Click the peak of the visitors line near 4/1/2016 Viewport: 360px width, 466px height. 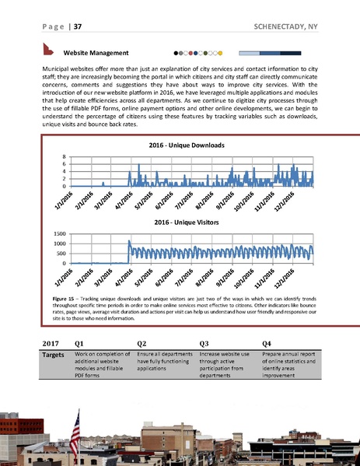pyautogui.click(x=128, y=242)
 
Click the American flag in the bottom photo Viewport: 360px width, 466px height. pyautogui.click(x=75, y=427)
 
